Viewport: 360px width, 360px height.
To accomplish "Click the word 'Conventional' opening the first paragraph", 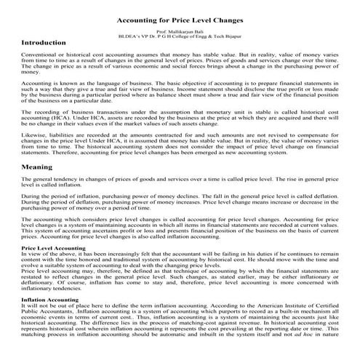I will pyautogui.click(x=37, y=55).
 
